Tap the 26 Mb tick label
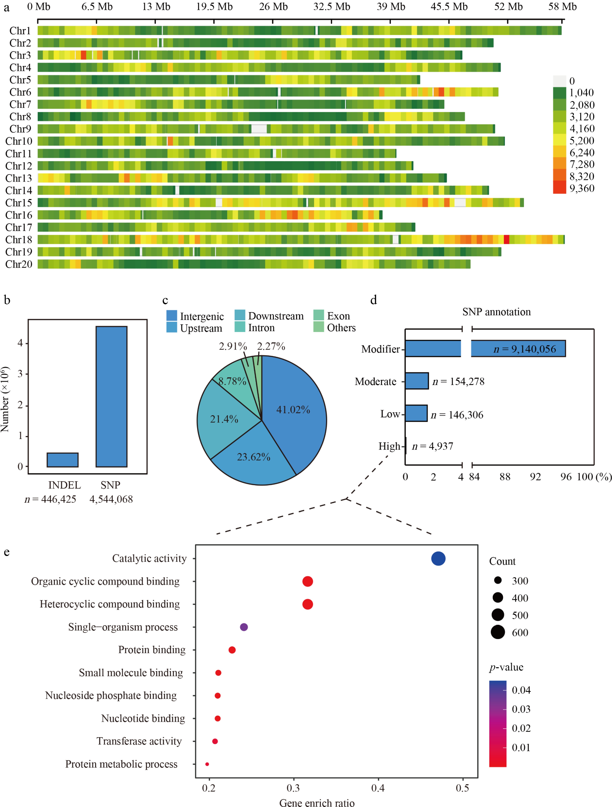pos(273,7)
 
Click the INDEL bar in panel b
pos(62,460)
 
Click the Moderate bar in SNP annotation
pos(417,381)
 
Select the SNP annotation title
pos(496,312)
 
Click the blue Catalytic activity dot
pos(438,559)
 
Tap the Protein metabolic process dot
pos(207,764)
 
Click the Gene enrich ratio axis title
pos(317,803)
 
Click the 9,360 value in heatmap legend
pos(582,188)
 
